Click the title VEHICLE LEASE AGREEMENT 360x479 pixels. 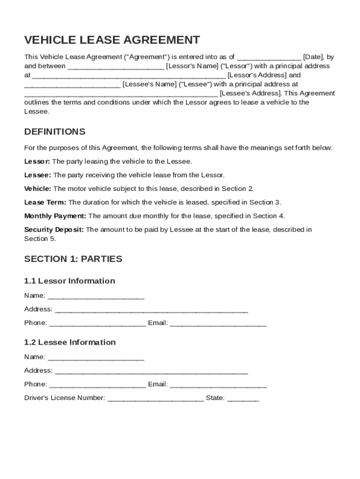[x=112, y=40]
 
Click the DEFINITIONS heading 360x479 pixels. [x=55, y=131]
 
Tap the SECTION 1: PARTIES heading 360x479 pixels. [x=73, y=259]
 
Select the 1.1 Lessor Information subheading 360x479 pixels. [x=70, y=281]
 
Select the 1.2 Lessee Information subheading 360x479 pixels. [x=70, y=342]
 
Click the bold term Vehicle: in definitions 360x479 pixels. [x=37, y=189]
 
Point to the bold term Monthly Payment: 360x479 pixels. [x=55, y=216]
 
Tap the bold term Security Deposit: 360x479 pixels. [x=54, y=229]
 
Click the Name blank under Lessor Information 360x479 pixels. [x=96, y=296]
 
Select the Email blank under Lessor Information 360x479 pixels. [x=218, y=323]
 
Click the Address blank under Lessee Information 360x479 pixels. [x=151, y=371]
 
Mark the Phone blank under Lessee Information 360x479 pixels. [x=97, y=385]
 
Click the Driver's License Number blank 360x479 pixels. [x=156, y=399]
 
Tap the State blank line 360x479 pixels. [x=243, y=399]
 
